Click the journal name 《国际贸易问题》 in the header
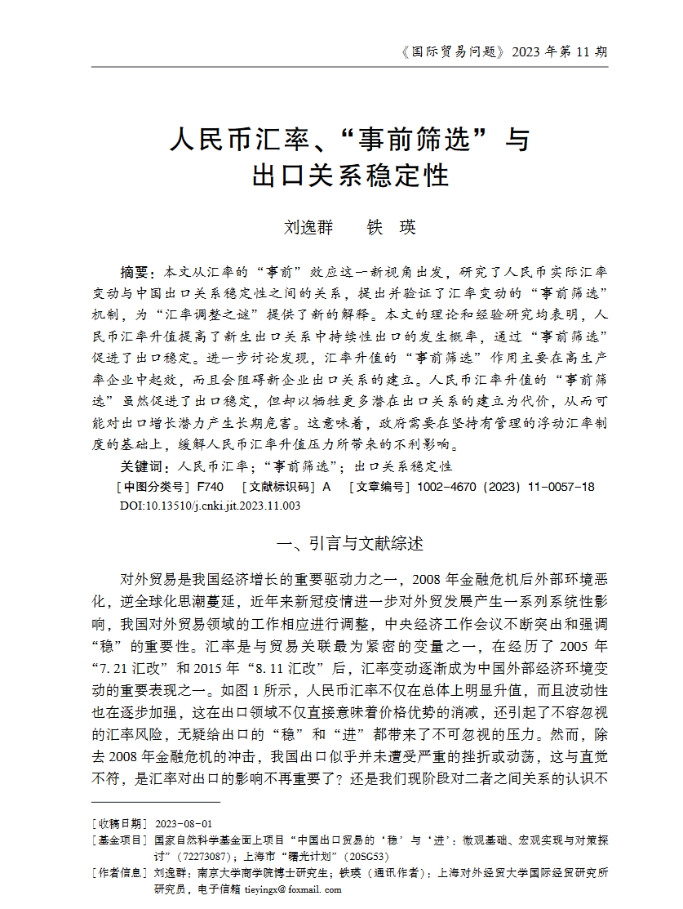tap(450, 52)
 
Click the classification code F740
tap(211, 487)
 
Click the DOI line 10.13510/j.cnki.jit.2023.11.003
tap(211, 506)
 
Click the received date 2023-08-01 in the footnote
tap(184, 824)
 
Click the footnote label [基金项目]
tap(119, 840)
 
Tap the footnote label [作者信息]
tap(119, 873)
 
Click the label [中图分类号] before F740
tap(153, 487)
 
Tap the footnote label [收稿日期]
tap(119, 824)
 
